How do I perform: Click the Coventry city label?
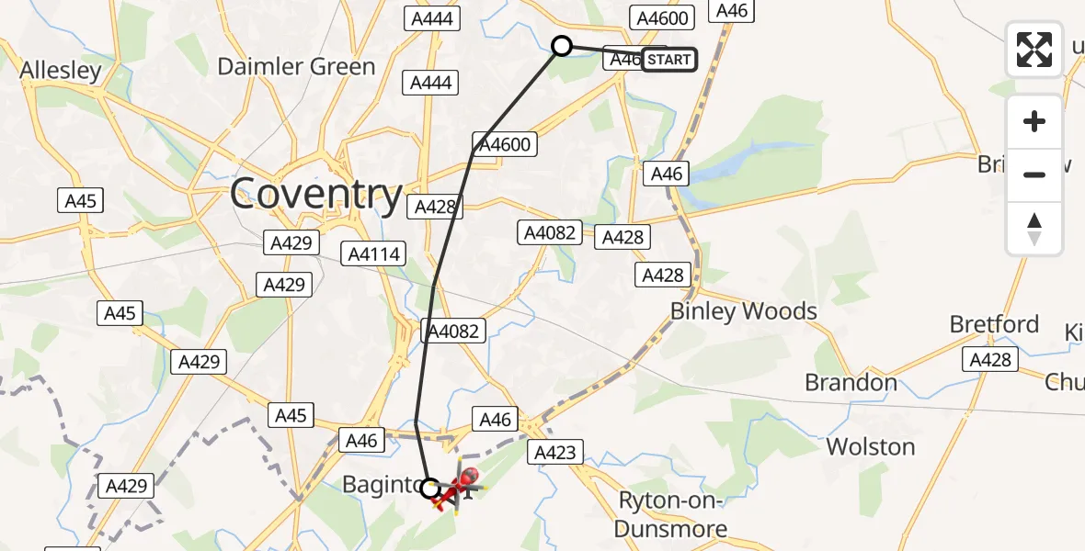point(315,195)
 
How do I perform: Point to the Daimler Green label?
point(296,66)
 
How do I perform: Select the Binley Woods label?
point(743,311)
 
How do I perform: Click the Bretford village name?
point(994,324)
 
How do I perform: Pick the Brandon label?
point(851,382)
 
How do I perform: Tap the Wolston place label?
point(870,447)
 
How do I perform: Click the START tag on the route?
point(668,60)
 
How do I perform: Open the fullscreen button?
point(1034,50)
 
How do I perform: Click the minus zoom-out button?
point(1034,174)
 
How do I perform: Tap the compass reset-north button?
point(1034,228)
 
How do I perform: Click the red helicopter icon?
point(457,488)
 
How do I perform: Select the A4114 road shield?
point(373,253)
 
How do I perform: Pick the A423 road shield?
point(554,452)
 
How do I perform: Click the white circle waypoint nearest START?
point(561,46)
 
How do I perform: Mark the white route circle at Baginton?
point(429,489)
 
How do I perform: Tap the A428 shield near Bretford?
point(990,361)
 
